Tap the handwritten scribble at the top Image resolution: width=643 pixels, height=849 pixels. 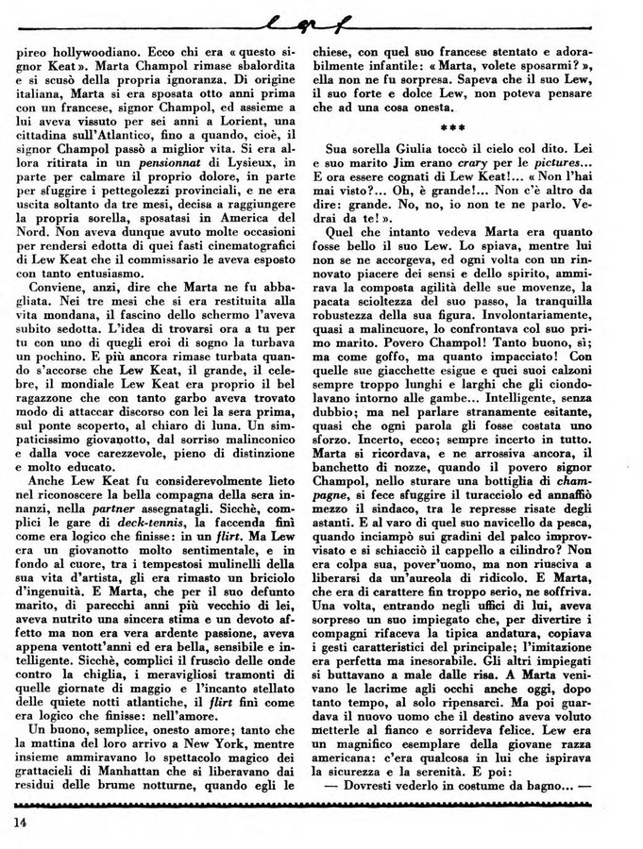coord(320,17)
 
